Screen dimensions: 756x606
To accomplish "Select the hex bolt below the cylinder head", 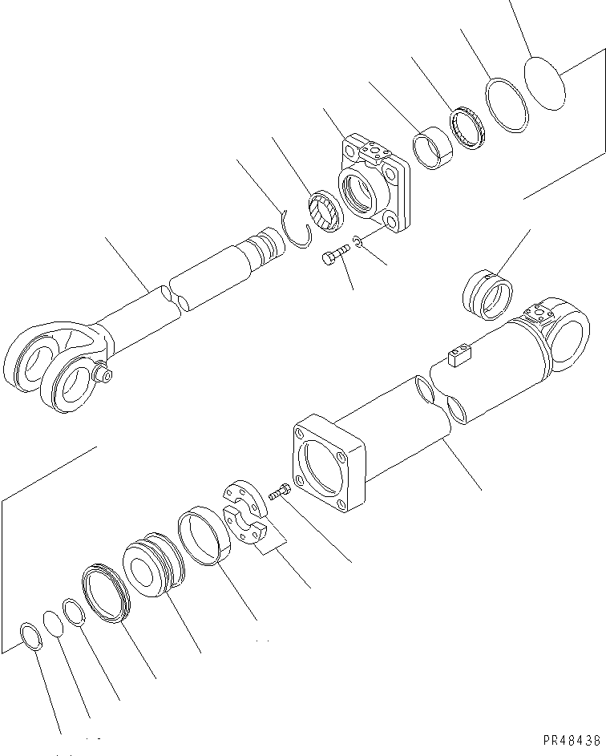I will [x=335, y=257].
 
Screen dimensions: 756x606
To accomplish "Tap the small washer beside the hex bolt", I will [x=358, y=243].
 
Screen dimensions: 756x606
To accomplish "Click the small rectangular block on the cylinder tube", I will [x=459, y=355].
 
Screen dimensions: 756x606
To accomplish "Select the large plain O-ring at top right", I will [x=545, y=82].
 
